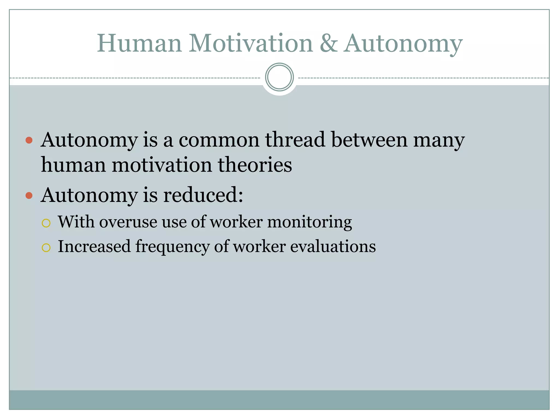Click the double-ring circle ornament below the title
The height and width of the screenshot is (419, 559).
tap(279, 77)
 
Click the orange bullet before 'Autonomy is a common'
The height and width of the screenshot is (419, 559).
tap(29, 140)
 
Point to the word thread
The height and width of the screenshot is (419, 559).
tap(295, 140)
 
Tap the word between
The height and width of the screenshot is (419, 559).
tap(369, 140)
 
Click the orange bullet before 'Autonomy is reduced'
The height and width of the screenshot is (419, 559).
tap(29, 195)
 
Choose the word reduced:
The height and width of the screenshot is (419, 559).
tap(203, 195)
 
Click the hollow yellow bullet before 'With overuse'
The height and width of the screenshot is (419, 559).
tap(46, 223)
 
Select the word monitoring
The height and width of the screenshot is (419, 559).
tap(310, 222)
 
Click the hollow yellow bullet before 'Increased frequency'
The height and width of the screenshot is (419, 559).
tap(46, 248)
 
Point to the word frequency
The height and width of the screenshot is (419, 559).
tap(173, 247)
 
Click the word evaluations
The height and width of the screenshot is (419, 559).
tap(333, 246)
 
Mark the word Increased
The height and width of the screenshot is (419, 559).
tap(94, 246)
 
